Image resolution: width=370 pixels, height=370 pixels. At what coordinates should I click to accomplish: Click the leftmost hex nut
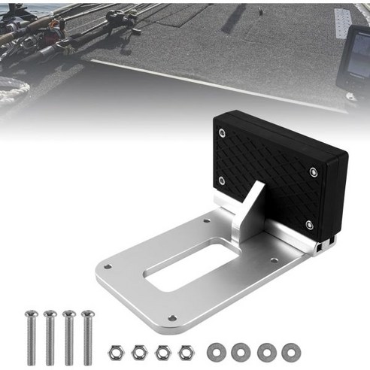(117, 350)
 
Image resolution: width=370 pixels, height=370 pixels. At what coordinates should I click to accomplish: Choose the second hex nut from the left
(138, 350)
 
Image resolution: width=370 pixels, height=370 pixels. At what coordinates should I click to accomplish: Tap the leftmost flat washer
(217, 350)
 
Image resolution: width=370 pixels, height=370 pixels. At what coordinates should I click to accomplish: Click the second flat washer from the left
(241, 350)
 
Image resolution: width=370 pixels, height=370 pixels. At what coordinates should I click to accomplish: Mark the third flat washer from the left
(265, 350)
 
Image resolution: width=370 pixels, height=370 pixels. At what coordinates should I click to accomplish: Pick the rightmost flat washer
(289, 350)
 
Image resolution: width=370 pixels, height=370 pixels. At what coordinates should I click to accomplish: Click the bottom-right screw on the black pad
(308, 223)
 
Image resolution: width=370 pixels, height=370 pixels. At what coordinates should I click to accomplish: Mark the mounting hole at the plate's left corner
(108, 266)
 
